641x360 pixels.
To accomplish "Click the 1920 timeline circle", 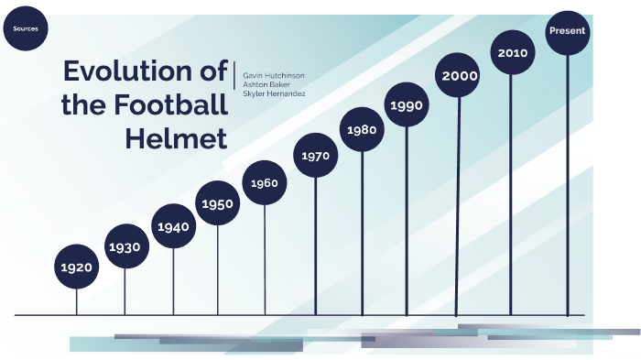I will [77, 267].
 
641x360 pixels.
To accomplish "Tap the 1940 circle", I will [174, 226].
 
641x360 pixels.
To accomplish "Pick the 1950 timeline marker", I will [218, 203].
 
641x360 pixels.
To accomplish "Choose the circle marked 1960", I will [265, 183].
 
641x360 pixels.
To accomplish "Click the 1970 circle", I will [315, 156].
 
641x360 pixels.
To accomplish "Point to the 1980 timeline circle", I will [363, 130].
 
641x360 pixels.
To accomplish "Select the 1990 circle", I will [407, 105].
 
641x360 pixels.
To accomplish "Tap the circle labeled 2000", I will [459, 76].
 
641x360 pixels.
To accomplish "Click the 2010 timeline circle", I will [513, 53].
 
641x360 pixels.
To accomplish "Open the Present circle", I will [568, 31].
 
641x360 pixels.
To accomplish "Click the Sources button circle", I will [25, 29].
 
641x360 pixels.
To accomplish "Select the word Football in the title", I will [164, 105].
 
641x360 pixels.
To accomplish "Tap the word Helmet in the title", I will [175, 139].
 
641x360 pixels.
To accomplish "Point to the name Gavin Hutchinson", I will [274, 74].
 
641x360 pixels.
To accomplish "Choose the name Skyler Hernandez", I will [274, 94].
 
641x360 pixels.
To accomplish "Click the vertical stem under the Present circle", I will [568, 183].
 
